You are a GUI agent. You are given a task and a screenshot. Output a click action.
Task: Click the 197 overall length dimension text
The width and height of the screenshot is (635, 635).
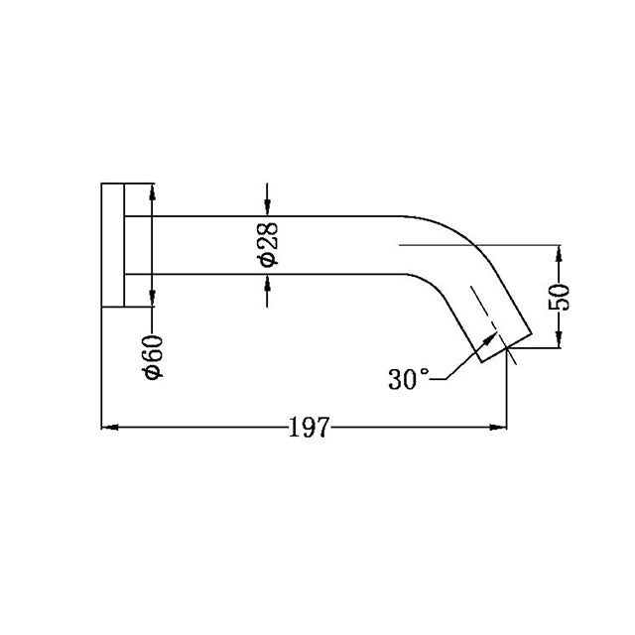point(308,429)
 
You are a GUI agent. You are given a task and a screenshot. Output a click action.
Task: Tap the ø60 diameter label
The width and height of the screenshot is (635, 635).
point(153,356)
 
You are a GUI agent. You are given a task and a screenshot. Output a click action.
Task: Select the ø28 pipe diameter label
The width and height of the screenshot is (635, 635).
point(267,244)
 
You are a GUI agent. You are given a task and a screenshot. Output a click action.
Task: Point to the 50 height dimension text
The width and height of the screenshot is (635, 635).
point(560,297)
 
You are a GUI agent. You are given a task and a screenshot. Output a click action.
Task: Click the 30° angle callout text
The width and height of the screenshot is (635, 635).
point(409,379)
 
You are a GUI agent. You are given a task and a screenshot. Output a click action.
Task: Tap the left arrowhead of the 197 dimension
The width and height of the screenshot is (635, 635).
point(109,428)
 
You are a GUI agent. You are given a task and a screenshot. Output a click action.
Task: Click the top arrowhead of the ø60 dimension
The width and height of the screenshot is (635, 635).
point(152,190)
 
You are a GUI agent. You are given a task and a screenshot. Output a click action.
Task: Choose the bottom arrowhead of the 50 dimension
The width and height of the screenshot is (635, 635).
point(560,341)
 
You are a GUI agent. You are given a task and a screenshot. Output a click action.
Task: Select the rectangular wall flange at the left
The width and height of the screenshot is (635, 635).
point(112,245)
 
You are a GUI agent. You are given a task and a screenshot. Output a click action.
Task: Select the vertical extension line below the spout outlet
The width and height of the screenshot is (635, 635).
point(507,392)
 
